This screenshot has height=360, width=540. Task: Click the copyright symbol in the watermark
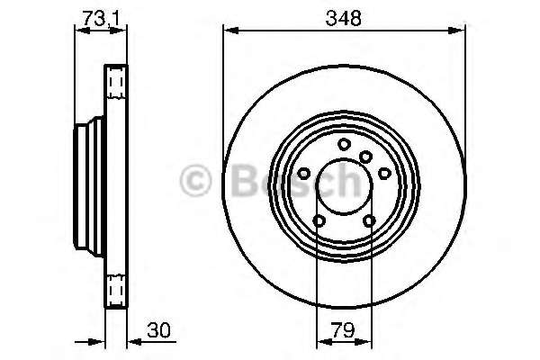point(196,183)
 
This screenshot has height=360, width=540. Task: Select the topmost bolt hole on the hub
point(344,144)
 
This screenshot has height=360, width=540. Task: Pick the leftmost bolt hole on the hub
point(304,173)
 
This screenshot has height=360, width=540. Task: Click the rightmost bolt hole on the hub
point(384,173)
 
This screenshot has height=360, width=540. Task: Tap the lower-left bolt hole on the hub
point(319,221)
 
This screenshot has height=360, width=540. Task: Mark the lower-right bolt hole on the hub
point(369,221)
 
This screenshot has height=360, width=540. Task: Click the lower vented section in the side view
point(114,288)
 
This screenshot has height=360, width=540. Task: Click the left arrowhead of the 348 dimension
point(227,31)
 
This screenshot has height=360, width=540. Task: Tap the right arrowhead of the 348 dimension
point(462,31)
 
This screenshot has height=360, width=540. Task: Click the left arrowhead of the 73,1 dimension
point(77,31)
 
